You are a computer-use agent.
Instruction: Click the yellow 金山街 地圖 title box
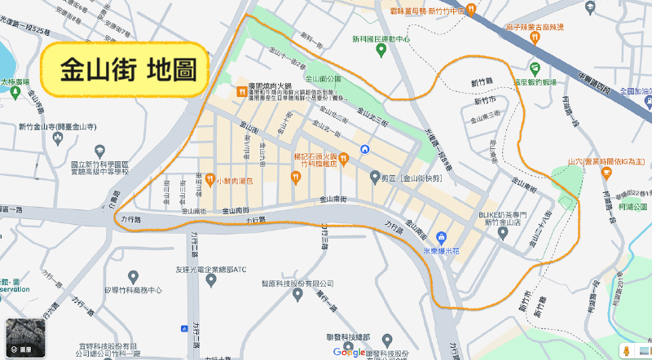pos(126,69)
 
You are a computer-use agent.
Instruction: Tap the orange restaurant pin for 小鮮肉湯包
pos(209,179)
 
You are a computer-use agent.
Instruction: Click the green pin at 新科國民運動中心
pos(381,50)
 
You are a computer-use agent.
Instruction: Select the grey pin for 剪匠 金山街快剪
pos(375,177)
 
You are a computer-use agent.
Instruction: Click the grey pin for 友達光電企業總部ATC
pos(212,280)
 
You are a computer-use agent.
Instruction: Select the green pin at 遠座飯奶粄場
pos(535,68)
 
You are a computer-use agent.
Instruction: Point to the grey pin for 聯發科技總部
pos(387,340)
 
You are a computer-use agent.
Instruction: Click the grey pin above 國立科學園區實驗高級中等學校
pos(100,151)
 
